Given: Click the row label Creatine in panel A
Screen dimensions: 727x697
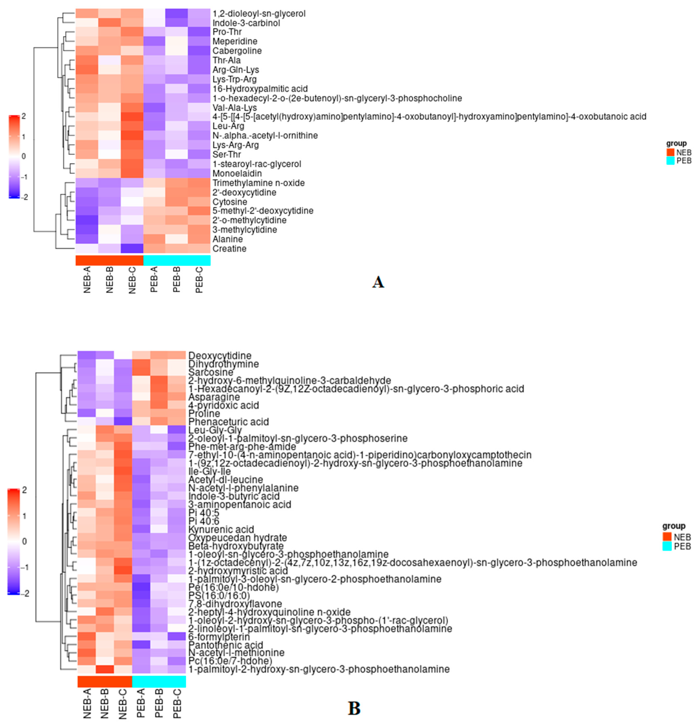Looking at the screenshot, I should pyautogui.click(x=229, y=249).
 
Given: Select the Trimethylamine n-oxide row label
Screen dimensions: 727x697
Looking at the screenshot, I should pyautogui.click(x=258, y=183).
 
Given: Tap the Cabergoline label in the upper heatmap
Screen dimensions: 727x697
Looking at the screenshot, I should pyautogui.click(x=237, y=51).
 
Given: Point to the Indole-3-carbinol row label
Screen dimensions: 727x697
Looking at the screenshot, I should pyautogui.click(x=246, y=23).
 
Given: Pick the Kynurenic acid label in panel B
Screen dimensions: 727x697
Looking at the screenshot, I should pyautogui.click(x=221, y=529).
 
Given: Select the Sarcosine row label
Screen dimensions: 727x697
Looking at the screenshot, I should pyautogui.click(x=211, y=372).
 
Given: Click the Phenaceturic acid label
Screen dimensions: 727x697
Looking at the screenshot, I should pyautogui.click(x=228, y=422).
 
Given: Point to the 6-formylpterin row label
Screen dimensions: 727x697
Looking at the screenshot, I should pyautogui.click(x=219, y=637).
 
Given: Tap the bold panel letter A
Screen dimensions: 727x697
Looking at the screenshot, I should pyautogui.click(x=378, y=282).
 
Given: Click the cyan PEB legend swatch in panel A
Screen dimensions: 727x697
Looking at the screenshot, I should pyautogui.click(x=670, y=161).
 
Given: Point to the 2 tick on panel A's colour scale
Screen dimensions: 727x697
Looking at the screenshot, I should pyautogui.click(x=24, y=117).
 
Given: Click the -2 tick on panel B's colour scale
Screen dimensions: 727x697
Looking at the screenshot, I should pyautogui.click(x=24, y=594).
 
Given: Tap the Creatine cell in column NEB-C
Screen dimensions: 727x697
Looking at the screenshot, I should pyautogui.click(x=132, y=249).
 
